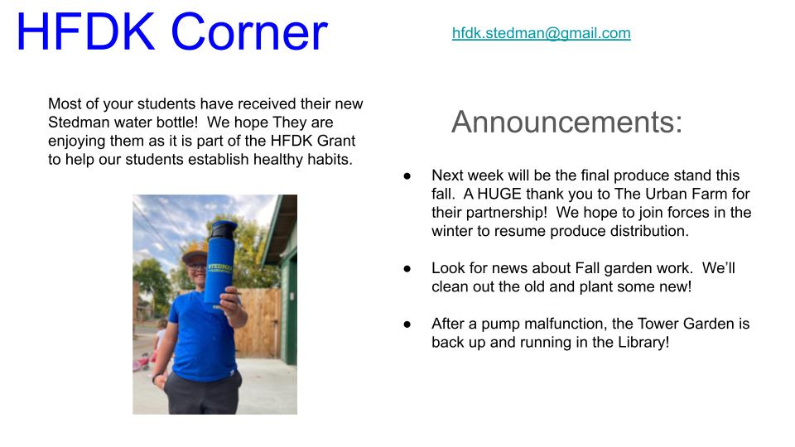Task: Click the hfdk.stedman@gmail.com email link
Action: tap(541, 33)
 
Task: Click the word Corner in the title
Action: tap(249, 32)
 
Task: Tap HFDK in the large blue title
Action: tap(85, 31)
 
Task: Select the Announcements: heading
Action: tap(566, 122)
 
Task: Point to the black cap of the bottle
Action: tap(223, 230)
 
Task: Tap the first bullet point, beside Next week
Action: tap(407, 175)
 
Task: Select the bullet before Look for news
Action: tap(407, 268)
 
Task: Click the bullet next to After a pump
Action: tap(407, 324)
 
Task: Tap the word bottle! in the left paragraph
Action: tap(176, 123)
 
